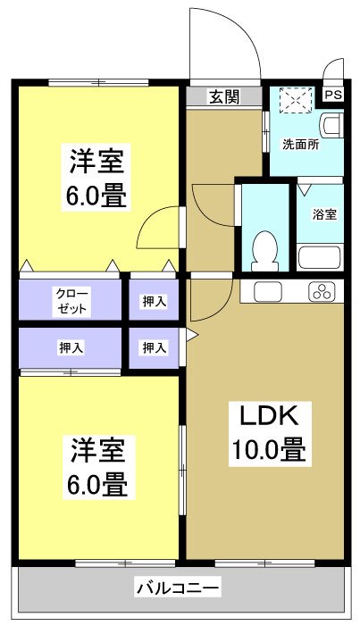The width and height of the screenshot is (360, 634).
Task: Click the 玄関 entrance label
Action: tap(224, 97)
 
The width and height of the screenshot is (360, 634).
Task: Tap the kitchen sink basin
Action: tap(267, 290)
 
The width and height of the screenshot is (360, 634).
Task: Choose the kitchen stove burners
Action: tap(322, 290)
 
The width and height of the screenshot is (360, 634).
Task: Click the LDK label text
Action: tap(272, 416)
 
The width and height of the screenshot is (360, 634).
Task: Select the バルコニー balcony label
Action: tap(178, 588)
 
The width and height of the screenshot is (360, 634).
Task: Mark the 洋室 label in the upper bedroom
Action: tap(98, 162)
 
